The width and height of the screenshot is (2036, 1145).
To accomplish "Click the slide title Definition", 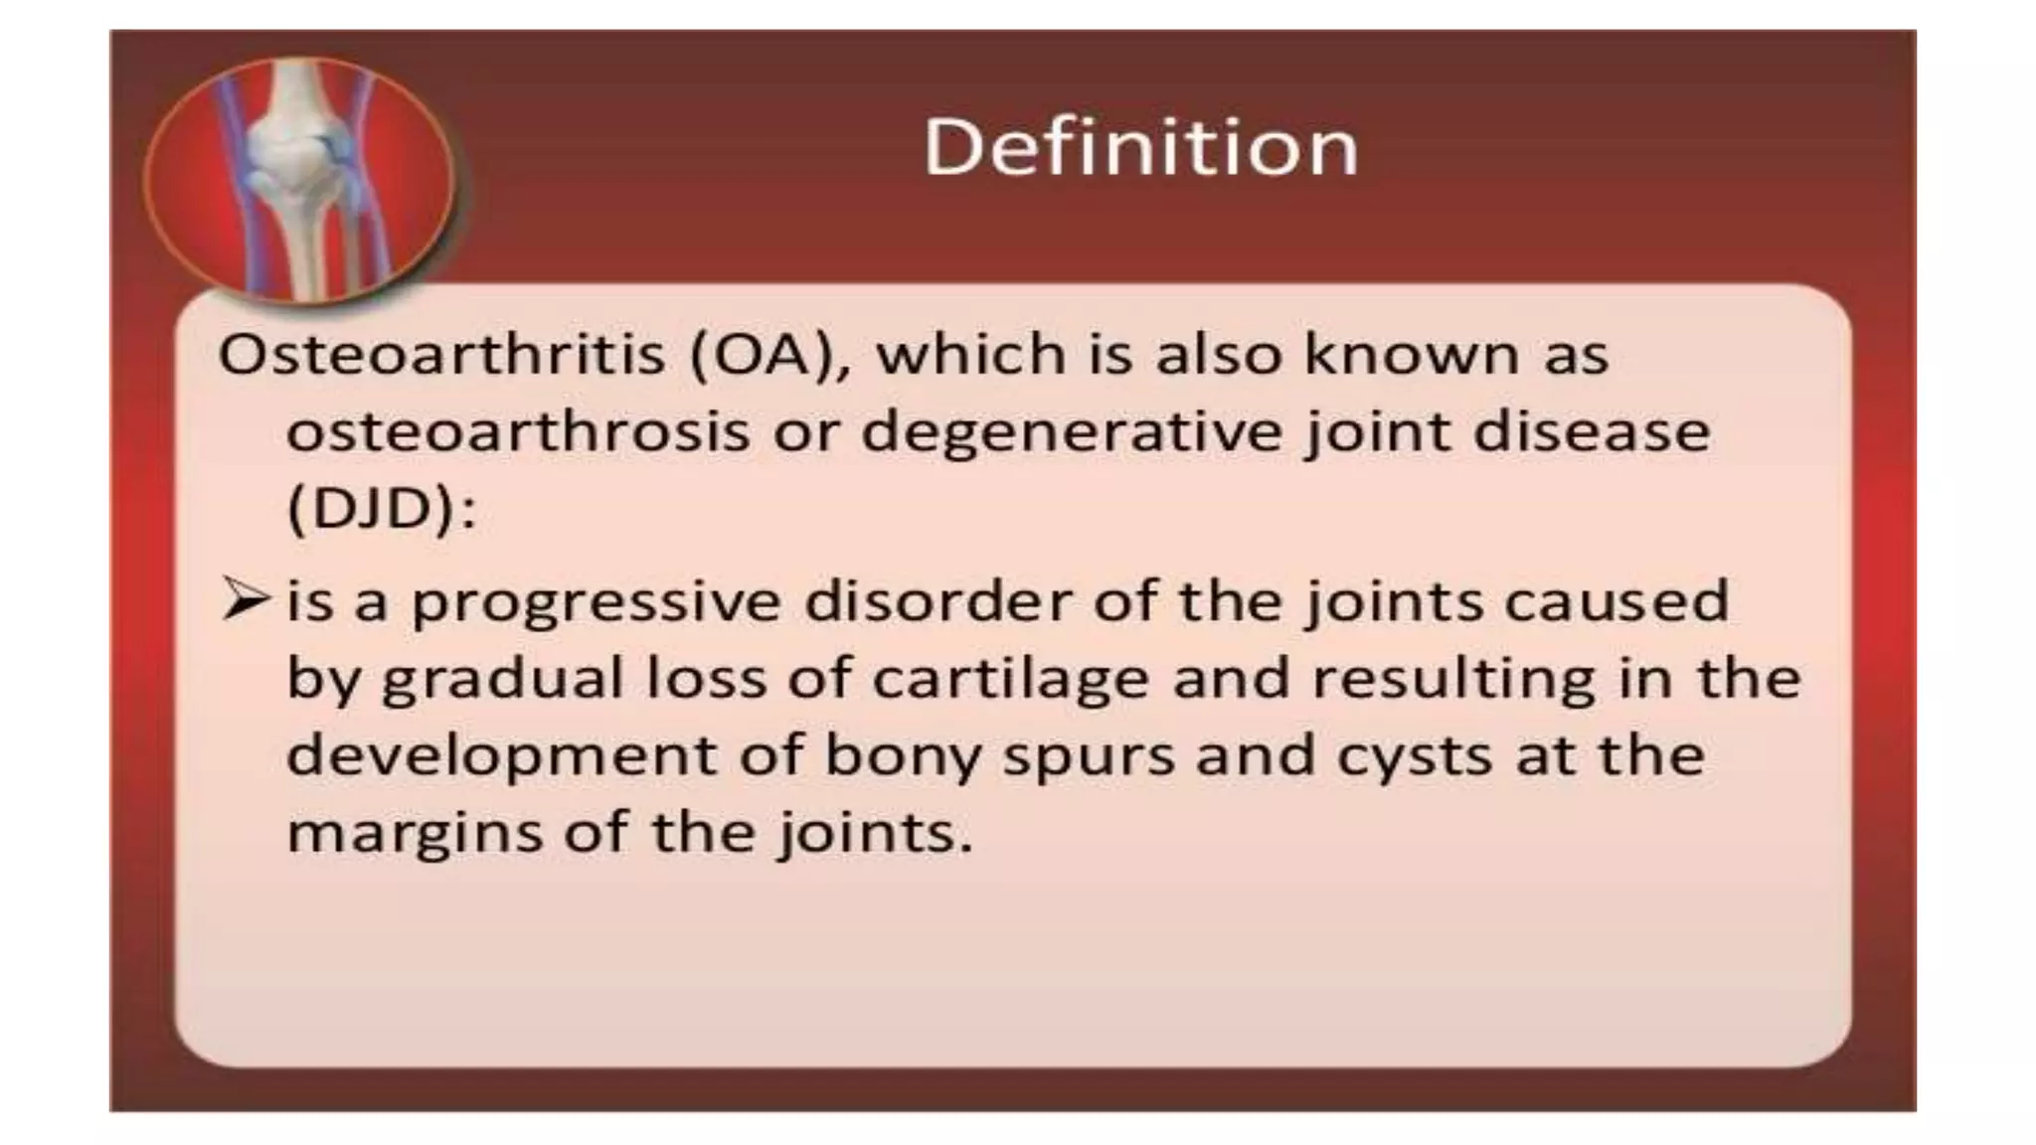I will pos(1140,147).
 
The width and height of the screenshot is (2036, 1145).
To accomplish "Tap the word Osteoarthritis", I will pos(441,354).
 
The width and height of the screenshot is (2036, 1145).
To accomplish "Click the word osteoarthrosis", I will pos(517,431).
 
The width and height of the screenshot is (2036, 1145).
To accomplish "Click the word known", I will pos(1412,354).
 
